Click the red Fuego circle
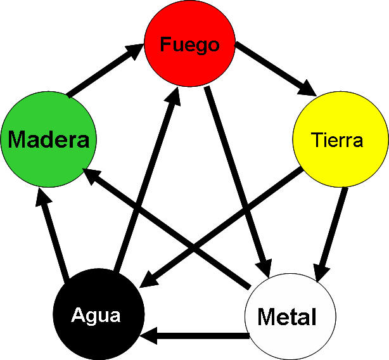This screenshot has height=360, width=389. pos(190,44)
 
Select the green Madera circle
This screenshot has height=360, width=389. pos(49,139)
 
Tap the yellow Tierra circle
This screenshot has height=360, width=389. pos(341,139)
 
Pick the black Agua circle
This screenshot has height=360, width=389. pos(99,314)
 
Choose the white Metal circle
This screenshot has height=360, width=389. pos(290,316)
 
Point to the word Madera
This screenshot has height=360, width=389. pos(49,139)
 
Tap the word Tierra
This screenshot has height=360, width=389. pos(337,140)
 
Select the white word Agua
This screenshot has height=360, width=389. pos(96,316)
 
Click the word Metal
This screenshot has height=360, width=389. pos(287,316)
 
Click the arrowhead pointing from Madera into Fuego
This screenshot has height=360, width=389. pos(135,51)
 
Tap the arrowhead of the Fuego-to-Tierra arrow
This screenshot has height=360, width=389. pos(307,88)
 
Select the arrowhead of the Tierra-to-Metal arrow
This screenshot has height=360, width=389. pos(321,273)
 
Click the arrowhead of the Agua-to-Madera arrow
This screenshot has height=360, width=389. pos(43,198)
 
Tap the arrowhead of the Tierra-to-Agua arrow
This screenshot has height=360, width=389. pos(149,279)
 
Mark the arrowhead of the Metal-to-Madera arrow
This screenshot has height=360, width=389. pos(92,176)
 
